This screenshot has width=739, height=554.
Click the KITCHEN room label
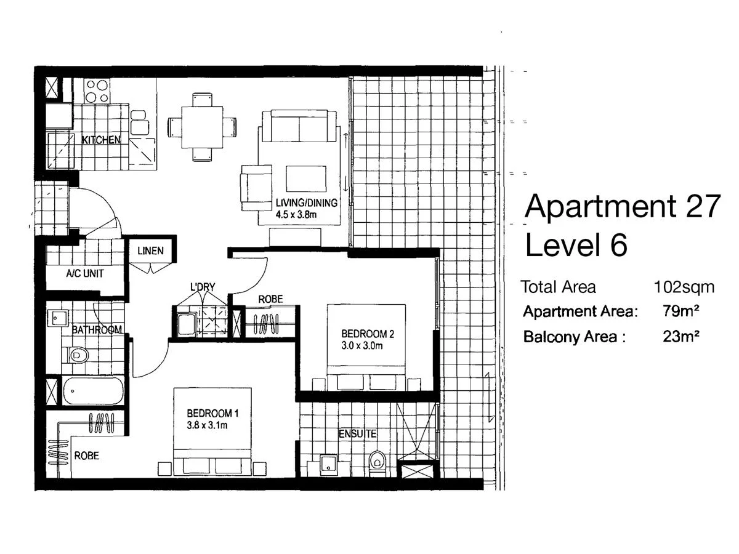coord(101,140)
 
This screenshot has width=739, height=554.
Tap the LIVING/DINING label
coord(307,204)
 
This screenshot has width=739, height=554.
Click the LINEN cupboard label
coord(150,251)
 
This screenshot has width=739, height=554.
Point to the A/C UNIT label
coord(85,274)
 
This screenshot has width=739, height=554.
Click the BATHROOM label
coord(97,330)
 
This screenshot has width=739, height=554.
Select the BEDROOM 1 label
coord(210,413)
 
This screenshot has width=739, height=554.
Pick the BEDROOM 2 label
coord(367,334)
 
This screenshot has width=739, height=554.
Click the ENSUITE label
coord(357,435)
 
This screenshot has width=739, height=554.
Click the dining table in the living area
coord(201,126)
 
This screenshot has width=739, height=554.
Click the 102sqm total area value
coord(684,287)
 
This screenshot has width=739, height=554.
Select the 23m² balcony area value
coord(680,337)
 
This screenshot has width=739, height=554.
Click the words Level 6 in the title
coord(576,245)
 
